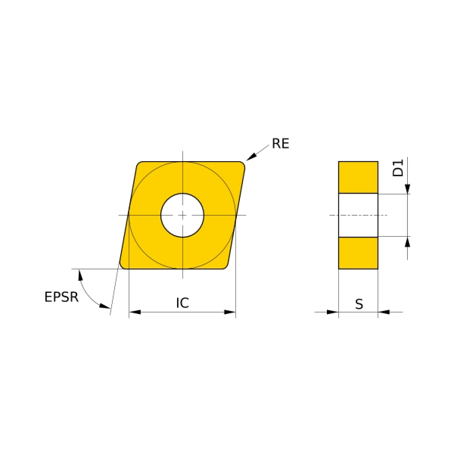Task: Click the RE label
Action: (x=280, y=144)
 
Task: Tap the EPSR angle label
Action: (x=62, y=297)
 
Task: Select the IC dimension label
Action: (x=183, y=303)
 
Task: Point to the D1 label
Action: (x=398, y=168)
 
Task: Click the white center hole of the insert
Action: (x=182, y=215)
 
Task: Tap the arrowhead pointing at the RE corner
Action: (x=251, y=157)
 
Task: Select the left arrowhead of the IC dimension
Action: (x=135, y=312)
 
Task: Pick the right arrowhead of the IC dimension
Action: (x=230, y=312)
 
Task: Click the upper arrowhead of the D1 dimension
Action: (x=407, y=188)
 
